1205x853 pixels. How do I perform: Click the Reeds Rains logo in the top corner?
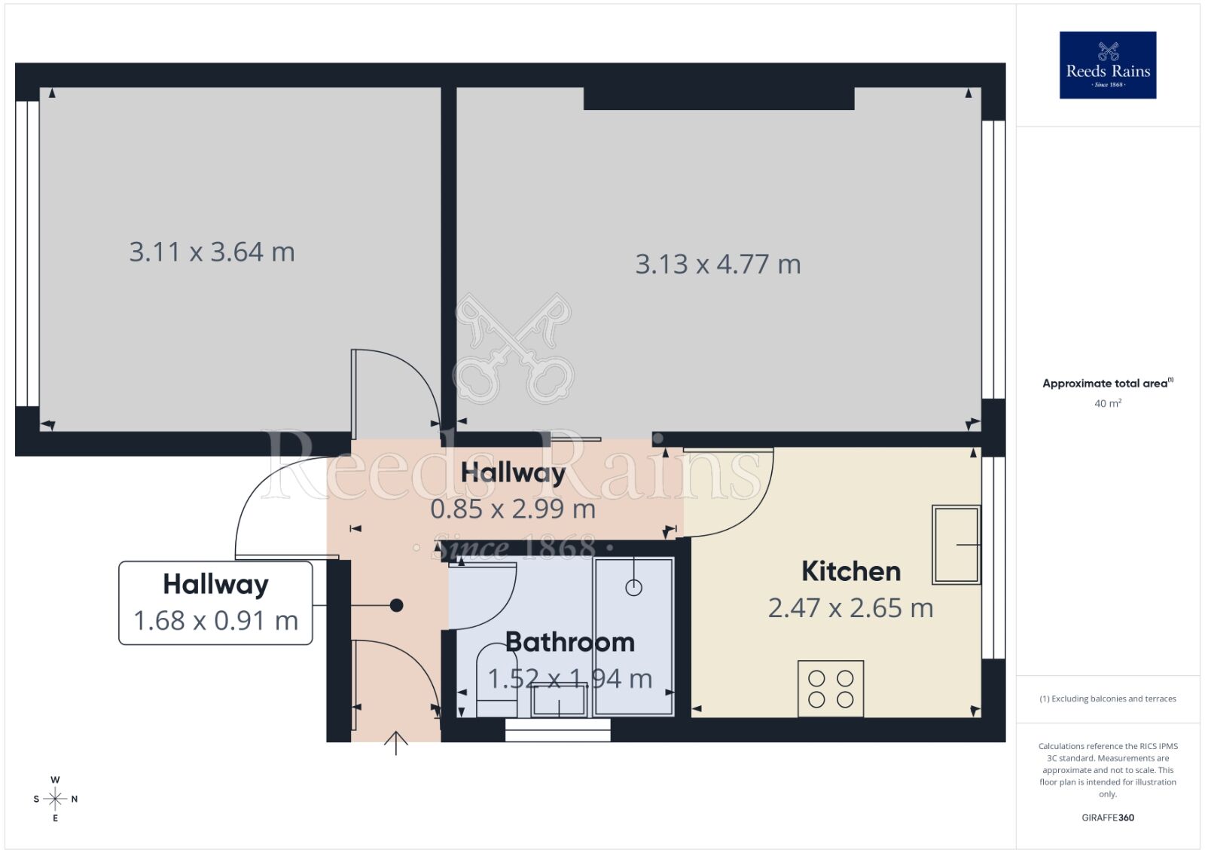[1107, 65]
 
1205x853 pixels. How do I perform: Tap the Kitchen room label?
[851, 571]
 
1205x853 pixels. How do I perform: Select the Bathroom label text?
[569, 642]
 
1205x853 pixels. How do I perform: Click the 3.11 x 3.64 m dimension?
[212, 252]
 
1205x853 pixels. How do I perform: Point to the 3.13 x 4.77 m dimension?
[718, 264]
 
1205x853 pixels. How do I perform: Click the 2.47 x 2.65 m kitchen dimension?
[850, 607]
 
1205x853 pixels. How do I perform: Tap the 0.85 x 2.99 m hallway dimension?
[513, 509]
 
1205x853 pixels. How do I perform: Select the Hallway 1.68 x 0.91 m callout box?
[215, 603]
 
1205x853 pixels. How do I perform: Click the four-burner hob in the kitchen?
[831, 689]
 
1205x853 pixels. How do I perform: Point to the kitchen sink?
[956, 544]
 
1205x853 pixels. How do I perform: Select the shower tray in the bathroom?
[633, 636]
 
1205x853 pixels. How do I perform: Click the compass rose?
[55, 799]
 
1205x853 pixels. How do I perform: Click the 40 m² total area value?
[1107, 404]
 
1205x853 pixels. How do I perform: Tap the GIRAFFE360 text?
[1107, 818]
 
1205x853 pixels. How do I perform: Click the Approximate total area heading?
[1106, 384]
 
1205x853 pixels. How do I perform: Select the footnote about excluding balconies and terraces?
[1107, 699]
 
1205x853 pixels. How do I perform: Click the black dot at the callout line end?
[396, 605]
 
